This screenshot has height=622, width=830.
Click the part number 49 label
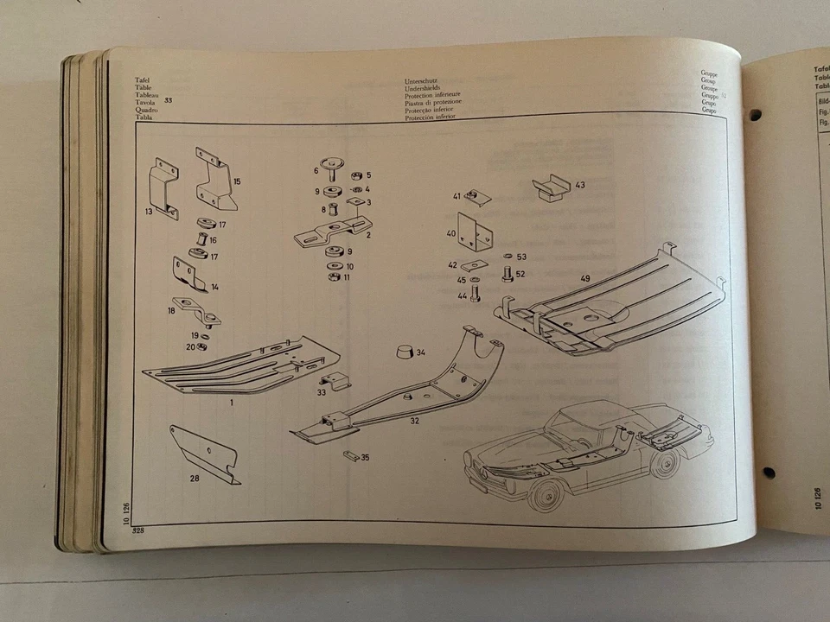tap(585, 278)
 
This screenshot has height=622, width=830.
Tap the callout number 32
tap(414, 421)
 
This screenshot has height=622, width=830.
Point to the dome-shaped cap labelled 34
tap(401, 352)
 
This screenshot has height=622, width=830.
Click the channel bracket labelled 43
tap(550, 188)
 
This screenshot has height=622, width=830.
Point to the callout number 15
tap(236, 181)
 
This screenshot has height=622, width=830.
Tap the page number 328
tap(137, 530)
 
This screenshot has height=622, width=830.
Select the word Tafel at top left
tap(142, 80)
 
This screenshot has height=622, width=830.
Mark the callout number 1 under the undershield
tap(232, 403)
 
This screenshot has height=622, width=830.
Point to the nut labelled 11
tap(333, 277)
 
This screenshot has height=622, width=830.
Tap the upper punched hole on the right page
tap(755, 114)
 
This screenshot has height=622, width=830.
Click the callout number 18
tap(171, 308)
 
